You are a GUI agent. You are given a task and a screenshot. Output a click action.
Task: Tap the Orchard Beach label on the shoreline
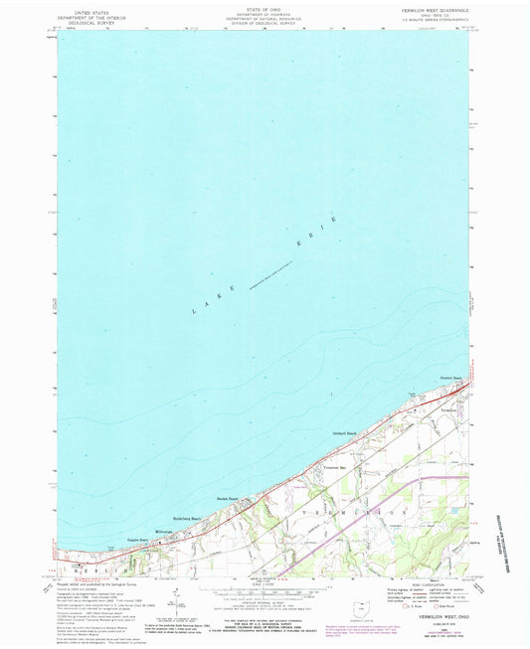click(x=344, y=433)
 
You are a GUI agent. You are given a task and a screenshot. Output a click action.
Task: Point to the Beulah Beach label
click(x=227, y=499)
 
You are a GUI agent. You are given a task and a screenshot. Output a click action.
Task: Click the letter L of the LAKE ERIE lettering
click(x=193, y=313)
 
